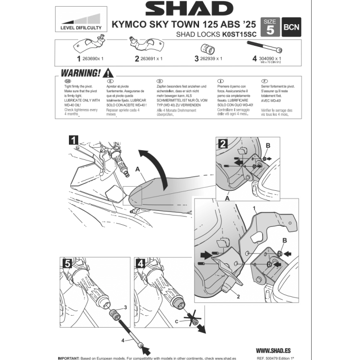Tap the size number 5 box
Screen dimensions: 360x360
click(x=271, y=28)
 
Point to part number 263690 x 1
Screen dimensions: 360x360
click(x=91, y=59)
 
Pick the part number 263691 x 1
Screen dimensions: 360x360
click(x=152, y=59)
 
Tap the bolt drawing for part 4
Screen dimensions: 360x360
click(x=266, y=48)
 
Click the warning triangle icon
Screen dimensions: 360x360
click(x=109, y=74)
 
